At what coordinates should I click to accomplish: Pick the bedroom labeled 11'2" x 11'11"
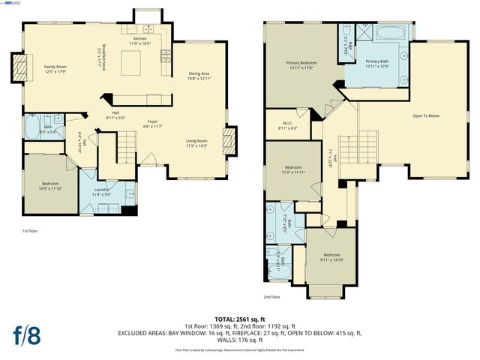(x=293, y=169)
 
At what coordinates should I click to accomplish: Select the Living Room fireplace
(x=231, y=139)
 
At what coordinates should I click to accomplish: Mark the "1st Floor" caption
(x=30, y=231)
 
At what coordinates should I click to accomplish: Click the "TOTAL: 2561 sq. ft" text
(x=240, y=318)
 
